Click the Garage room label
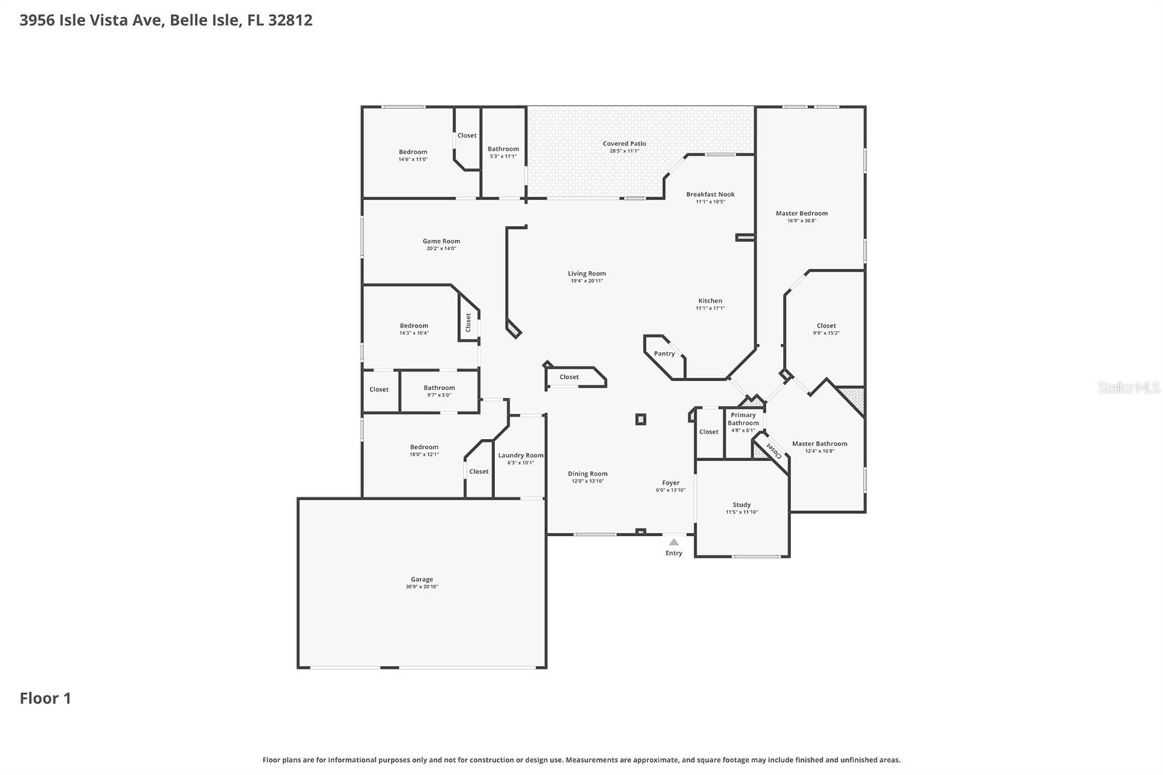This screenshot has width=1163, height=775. click(422, 579)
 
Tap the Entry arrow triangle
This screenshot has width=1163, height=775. click(674, 542)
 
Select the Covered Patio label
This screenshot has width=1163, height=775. click(624, 143)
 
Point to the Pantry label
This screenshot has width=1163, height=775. click(664, 353)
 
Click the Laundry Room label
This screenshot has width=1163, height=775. click(520, 455)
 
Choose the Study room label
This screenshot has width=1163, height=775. click(741, 505)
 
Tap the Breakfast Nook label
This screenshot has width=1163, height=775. click(710, 194)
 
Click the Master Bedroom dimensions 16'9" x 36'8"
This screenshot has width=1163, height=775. click(802, 221)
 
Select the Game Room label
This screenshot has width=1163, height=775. click(441, 241)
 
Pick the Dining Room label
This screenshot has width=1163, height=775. click(587, 473)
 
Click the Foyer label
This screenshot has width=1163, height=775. click(670, 483)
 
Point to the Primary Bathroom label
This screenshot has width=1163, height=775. click(743, 419)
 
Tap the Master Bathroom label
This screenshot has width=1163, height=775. click(819, 443)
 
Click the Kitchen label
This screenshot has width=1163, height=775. click(710, 300)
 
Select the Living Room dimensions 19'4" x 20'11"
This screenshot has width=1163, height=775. click(587, 281)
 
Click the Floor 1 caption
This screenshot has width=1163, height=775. click(45, 698)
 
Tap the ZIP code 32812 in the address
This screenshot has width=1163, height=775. click(290, 20)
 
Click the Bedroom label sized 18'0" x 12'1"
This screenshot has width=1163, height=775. click(424, 447)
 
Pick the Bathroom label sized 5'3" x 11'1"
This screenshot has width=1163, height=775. click(503, 149)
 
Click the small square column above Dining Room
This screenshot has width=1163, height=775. click(640, 419)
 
